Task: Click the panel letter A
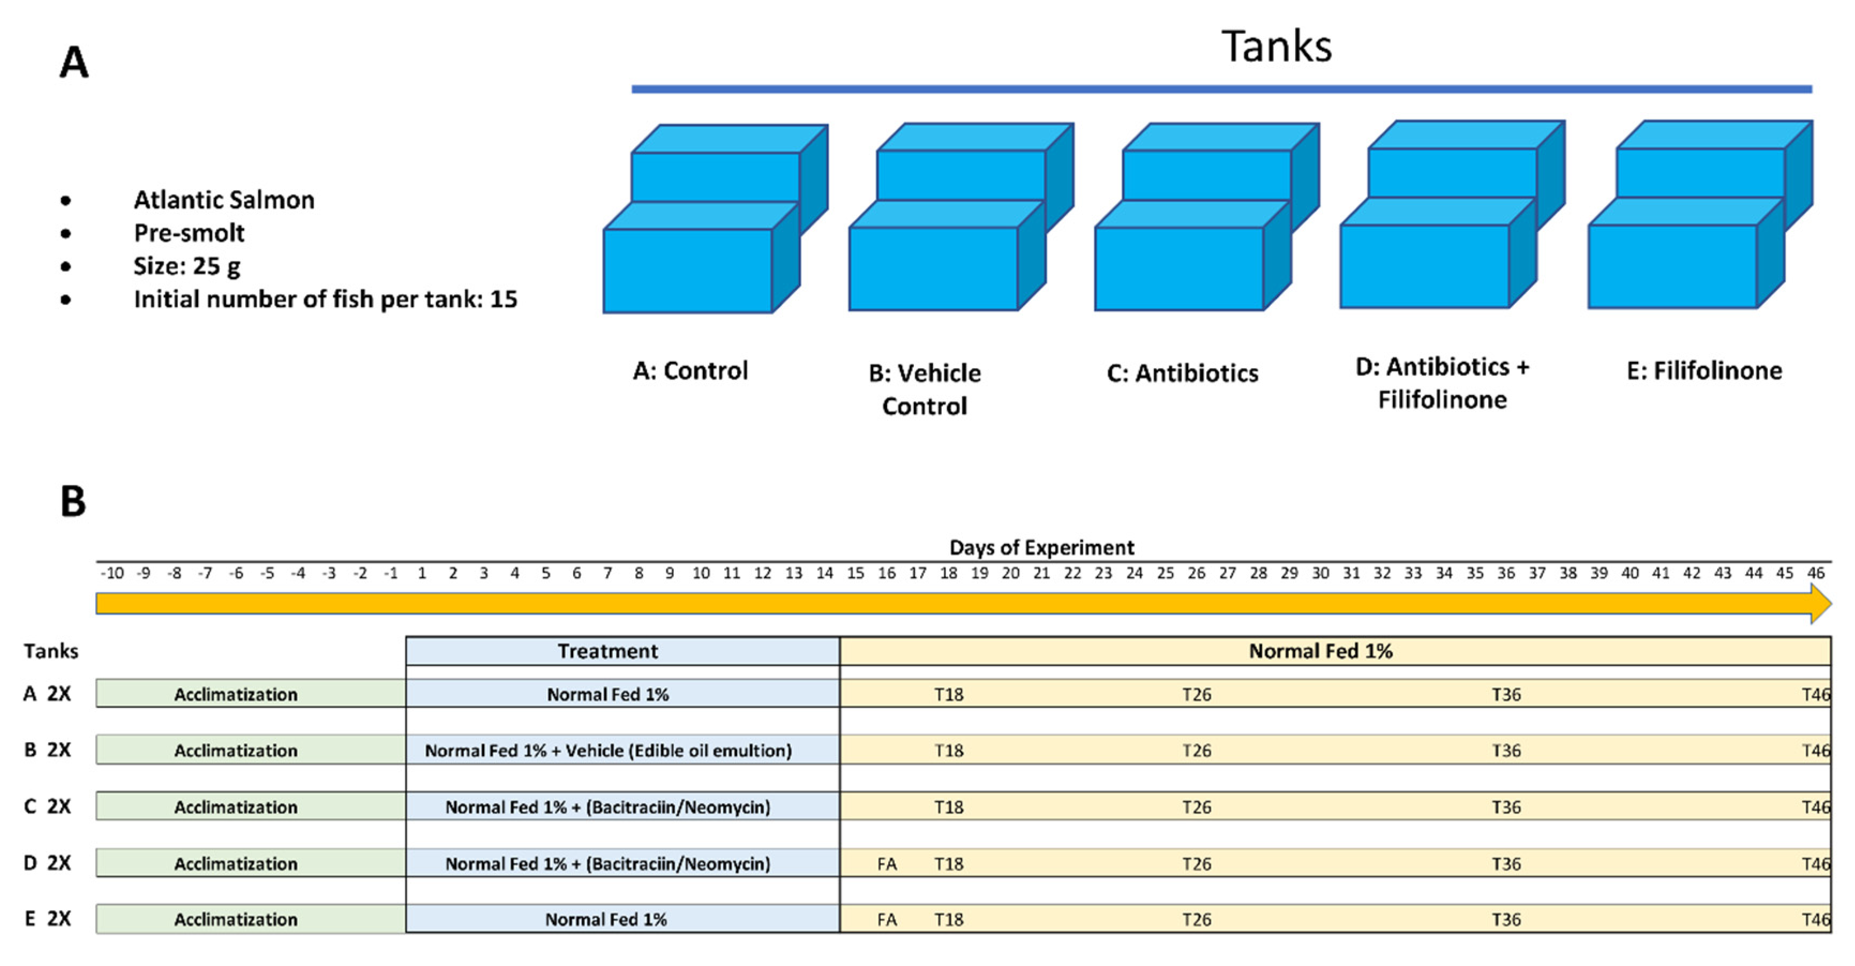[73, 63]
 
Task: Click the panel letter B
[73, 501]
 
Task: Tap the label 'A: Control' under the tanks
[690, 371]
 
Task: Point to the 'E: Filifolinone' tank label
[1704, 371]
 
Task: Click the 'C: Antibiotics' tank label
[1182, 373]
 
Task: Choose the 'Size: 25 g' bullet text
[186, 266]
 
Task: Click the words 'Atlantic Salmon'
[224, 199]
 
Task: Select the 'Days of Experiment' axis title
[1041, 548]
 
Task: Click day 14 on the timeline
[824, 573]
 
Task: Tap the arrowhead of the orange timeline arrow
[1820, 604]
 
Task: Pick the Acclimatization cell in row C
[236, 807]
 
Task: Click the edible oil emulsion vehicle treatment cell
[608, 751]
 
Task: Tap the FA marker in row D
[887, 864]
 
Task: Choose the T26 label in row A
[1196, 694]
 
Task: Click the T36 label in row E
[1506, 920]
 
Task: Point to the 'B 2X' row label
[48, 750]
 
